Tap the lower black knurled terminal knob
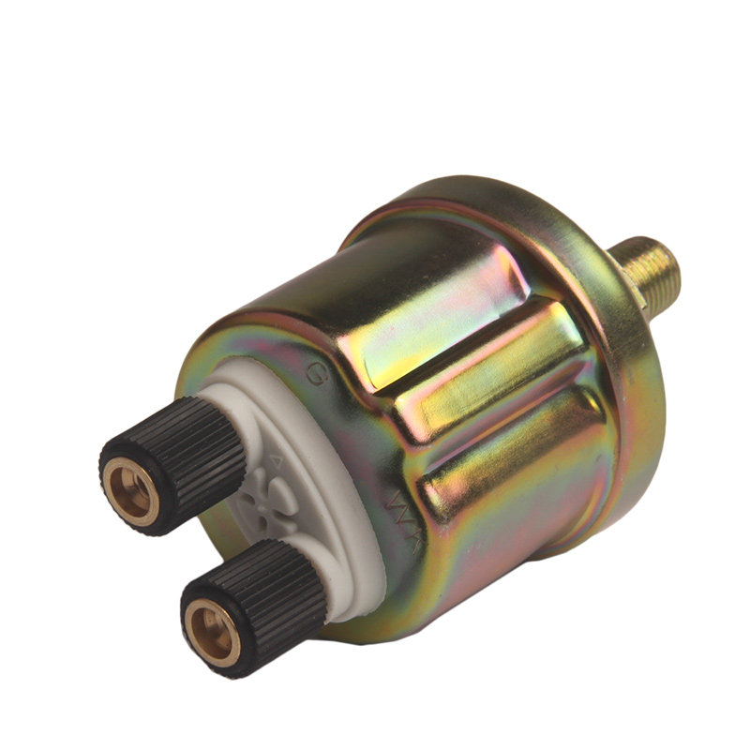[x=253, y=600]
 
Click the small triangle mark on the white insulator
[x=277, y=459]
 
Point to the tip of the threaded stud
[x=672, y=256]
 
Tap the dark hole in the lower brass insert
[x=205, y=630]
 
